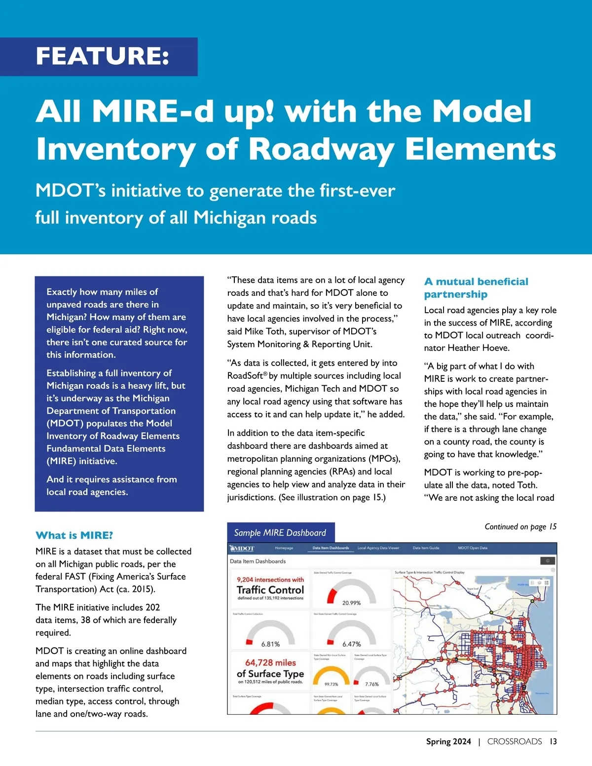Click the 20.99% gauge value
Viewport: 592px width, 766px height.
pos(351,603)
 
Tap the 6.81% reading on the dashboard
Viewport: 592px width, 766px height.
pos(270,644)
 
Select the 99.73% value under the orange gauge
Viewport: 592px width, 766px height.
pos(331,684)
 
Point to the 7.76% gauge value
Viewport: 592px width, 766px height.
pos(371,684)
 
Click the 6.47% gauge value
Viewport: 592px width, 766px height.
pos(351,644)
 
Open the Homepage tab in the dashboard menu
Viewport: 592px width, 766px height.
pos(284,548)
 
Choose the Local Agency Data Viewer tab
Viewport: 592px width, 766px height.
pos(378,548)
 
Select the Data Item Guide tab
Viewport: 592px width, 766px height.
pos(426,548)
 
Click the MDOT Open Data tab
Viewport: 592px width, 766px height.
pos(472,548)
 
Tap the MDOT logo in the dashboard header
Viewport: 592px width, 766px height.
pos(242,548)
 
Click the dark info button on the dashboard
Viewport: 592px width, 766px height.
pos(548,561)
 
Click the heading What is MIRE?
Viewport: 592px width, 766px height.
pos(74,535)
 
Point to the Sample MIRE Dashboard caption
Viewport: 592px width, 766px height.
pos(280,533)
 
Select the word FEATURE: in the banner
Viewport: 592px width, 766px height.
pos(103,56)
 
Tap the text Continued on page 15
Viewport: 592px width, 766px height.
pos(520,527)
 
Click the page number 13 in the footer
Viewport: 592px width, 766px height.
pos(553,741)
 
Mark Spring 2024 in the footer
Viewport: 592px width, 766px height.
pos(448,741)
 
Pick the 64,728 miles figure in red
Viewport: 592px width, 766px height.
pos(270,662)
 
